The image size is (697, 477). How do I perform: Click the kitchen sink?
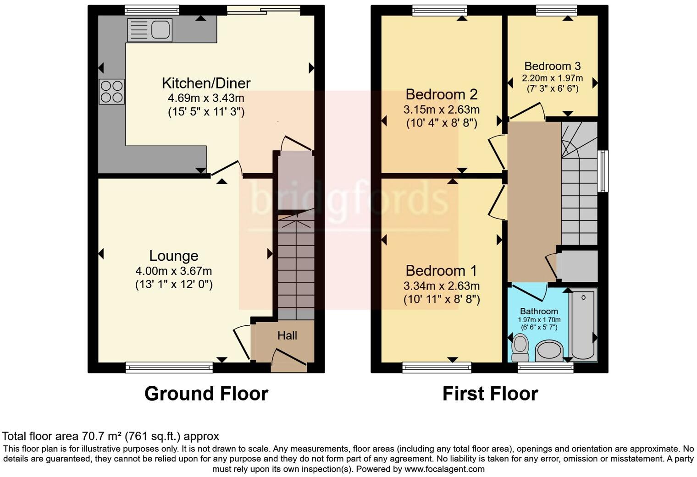pos(149,30)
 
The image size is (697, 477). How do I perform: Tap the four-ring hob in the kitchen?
pos(112,92)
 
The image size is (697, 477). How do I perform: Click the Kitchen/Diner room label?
pos(206,83)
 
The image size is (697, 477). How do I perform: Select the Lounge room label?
pos(174,256)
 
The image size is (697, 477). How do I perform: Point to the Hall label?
pos(287,336)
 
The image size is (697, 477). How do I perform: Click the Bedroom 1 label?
pos(441,270)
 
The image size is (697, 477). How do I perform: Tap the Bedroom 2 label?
pos(441,94)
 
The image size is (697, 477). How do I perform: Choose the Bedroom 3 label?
pos(552,66)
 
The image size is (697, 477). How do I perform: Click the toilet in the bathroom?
pos(520,348)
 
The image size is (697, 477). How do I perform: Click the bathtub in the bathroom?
pos(583,326)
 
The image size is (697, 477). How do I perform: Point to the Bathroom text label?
pos(539,312)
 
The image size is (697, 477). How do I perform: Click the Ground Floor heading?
pos(206,394)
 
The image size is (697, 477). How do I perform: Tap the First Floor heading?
pos(490,394)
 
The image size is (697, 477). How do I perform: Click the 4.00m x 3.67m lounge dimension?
pos(174,271)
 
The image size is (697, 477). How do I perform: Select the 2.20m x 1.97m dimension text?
pos(552,78)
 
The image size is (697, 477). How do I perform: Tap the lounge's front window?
pos(169,367)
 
